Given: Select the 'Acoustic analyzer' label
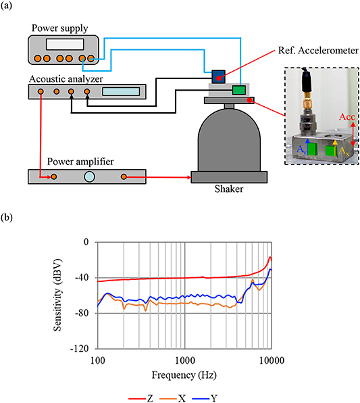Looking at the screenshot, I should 62,78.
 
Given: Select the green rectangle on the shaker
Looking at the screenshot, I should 238,91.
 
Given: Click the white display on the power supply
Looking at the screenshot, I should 70,44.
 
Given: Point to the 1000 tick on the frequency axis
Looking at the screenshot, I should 184,358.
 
